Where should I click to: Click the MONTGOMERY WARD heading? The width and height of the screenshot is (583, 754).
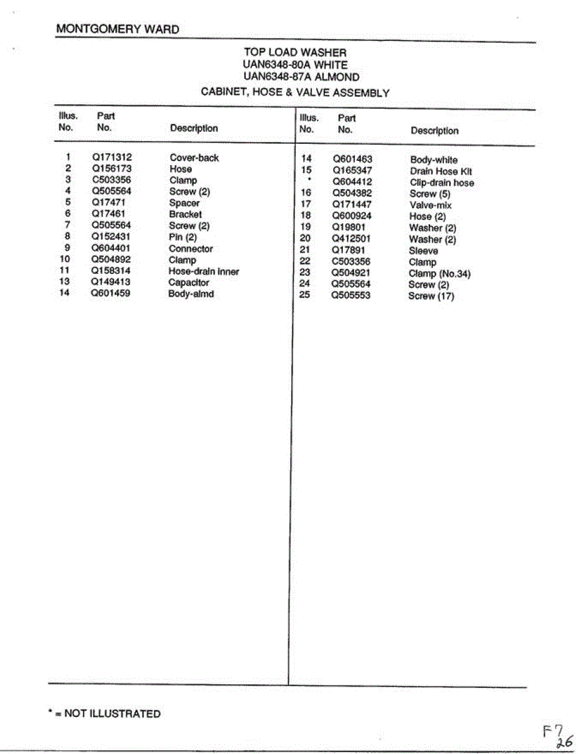(x=118, y=29)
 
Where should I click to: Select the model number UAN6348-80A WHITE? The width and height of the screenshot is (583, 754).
(x=295, y=65)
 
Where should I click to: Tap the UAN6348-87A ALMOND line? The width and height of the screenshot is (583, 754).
(x=301, y=77)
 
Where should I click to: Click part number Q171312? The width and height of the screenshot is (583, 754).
(x=112, y=157)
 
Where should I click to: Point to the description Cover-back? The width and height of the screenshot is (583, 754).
(x=194, y=158)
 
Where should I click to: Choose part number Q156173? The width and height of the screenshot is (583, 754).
(x=112, y=168)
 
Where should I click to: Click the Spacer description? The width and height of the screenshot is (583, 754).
(x=184, y=203)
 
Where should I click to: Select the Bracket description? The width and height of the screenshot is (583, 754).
(x=186, y=214)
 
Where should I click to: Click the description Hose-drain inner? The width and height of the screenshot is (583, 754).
(x=204, y=271)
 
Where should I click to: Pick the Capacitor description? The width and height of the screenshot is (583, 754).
(x=189, y=283)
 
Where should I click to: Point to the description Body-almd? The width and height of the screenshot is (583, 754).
(x=191, y=294)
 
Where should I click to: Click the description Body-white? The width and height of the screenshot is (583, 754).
(x=434, y=160)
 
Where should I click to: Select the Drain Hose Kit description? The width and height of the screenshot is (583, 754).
(x=441, y=172)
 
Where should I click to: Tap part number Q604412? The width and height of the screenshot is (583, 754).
(x=352, y=182)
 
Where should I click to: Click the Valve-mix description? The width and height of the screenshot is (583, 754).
(x=431, y=205)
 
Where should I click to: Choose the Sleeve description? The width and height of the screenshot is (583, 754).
(x=424, y=251)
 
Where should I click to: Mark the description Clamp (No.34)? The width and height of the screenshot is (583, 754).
(x=440, y=273)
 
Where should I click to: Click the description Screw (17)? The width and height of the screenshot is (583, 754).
(x=431, y=296)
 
